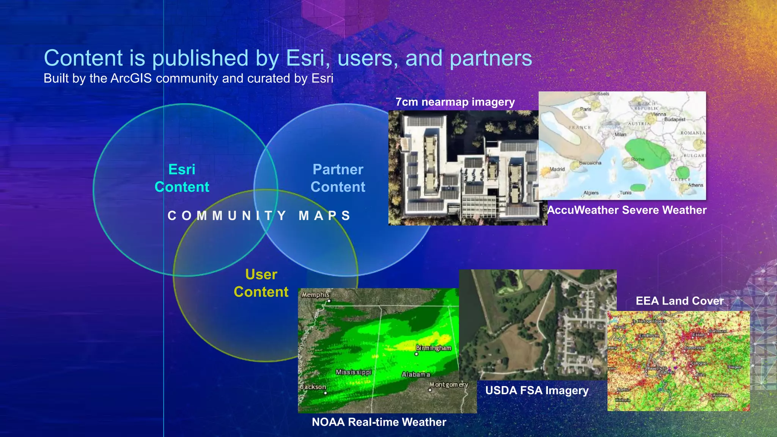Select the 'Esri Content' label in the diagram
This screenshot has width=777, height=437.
[182, 178]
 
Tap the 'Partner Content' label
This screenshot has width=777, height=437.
[338, 178]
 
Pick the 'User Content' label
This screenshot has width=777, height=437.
[261, 283]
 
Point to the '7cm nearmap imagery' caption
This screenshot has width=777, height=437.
[455, 102]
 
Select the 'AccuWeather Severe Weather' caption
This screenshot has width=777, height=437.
[627, 210]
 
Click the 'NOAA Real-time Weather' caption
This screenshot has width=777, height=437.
[379, 422]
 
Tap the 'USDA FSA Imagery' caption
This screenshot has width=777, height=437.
[537, 390]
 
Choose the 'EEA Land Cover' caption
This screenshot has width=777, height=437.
[679, 301]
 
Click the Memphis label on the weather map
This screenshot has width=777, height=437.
[316, 295]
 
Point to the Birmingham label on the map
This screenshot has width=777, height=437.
[434, 348]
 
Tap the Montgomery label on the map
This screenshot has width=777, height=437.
[449, 385]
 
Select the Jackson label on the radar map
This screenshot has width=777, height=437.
[313, 387]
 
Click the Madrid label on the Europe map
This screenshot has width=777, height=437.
[557, 169]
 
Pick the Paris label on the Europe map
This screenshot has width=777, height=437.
[585, 109]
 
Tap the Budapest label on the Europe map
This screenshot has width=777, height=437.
[675, 119]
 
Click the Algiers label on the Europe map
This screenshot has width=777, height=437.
[591, 193]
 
